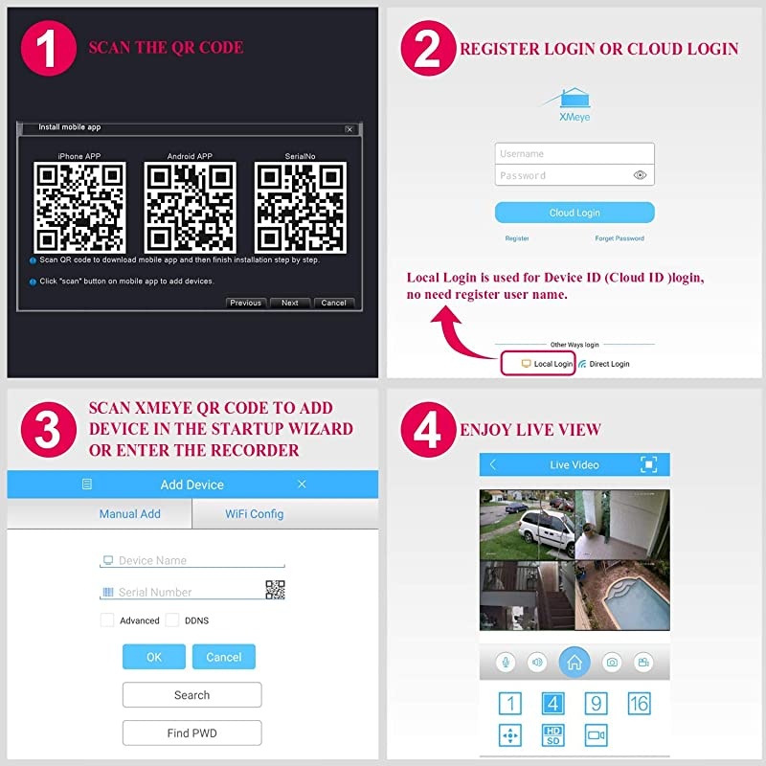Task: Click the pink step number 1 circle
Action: (48, 48)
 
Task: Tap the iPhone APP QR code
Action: (79, 207)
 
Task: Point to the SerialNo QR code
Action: (300, 207)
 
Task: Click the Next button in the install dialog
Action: (289, 303)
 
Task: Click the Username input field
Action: (574, 153)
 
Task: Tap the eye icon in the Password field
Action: (641, 175)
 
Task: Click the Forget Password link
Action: (620, 238)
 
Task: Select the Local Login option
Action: (547, 364)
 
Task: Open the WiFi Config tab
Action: (254, 514)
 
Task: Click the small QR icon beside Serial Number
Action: (275, 590)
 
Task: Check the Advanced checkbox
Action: (108, 620)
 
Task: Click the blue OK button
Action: (153, 657)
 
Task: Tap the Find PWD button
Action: (191, 733)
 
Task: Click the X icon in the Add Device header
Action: (302, 484)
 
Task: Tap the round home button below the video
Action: (574, 662)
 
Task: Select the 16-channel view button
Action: (639, 704)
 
